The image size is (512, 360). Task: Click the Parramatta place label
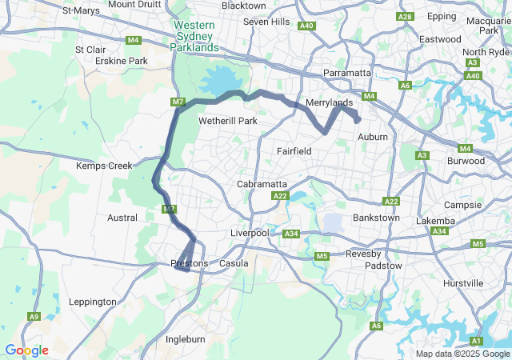click(x=347, y=73)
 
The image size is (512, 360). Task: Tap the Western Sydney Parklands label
click(x=194, y=37)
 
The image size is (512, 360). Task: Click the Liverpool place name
click(x=252, y=233)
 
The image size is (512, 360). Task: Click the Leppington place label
click(x=93, y=302)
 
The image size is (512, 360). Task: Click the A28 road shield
click(x=405, y=17)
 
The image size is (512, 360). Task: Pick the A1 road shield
click(x=477, y=342)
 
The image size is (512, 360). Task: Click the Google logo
click(x=26, y=350)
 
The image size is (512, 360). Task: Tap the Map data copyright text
click(x=462, y=354)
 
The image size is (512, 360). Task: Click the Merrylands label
click(x=329, y=103)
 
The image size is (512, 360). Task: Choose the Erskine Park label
click(x=121, y=61)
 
